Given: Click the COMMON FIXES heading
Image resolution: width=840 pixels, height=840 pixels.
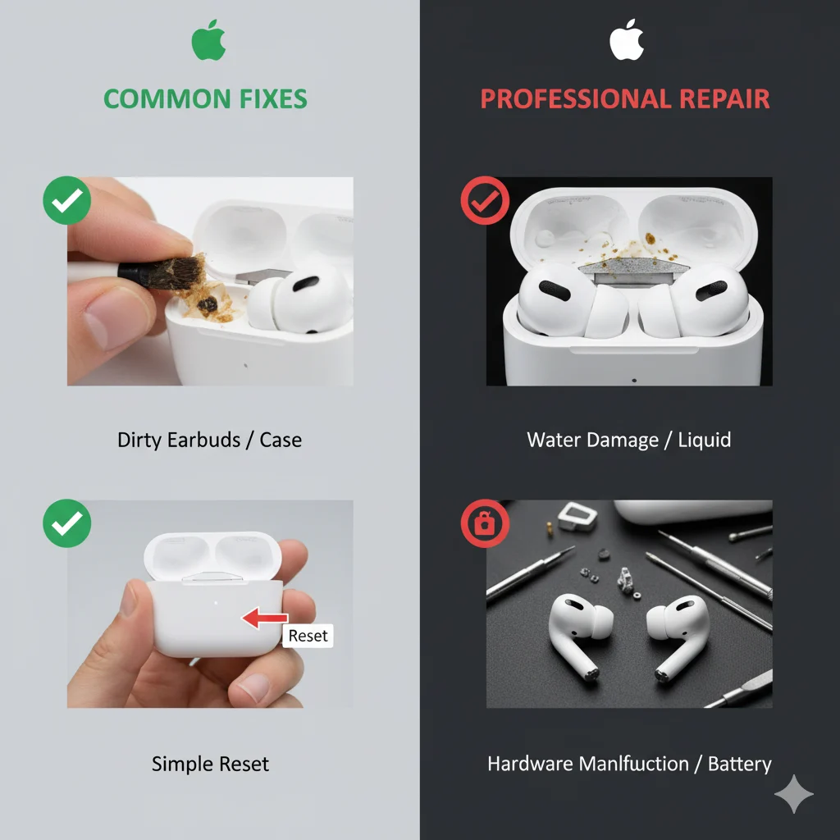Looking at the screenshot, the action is [205, 99].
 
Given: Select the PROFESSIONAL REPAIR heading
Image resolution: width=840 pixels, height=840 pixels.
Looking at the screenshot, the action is [624, 99].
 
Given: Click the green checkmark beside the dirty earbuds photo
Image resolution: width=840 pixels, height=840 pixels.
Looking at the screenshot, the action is [67, 200].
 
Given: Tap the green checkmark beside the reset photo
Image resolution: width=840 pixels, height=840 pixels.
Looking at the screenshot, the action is [67, 523].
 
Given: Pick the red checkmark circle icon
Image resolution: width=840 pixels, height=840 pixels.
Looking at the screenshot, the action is [485, 200].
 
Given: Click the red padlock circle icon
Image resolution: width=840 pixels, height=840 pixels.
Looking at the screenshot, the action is [485, 523].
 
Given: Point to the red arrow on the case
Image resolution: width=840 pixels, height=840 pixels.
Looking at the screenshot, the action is [265, 618].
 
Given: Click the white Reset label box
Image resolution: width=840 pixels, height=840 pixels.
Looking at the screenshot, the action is [308, 636].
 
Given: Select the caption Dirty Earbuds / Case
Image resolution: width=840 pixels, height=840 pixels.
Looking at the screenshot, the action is [209, 441].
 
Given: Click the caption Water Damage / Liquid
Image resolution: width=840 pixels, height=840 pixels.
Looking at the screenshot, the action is [629, 441].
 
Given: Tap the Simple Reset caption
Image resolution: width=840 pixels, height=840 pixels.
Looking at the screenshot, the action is [210, 764].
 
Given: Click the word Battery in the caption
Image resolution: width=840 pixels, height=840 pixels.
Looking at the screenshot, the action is [739, 764].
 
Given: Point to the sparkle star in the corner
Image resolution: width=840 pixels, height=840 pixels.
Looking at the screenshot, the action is [794, 794].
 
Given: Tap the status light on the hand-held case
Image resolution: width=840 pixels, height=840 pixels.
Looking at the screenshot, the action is [216, 603].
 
